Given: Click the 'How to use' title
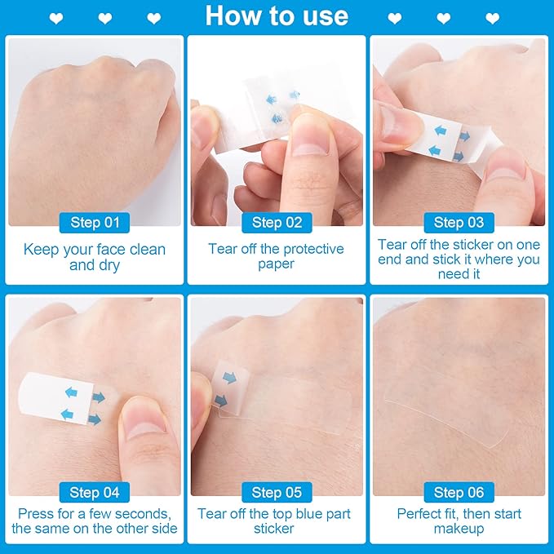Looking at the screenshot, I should coord(277,16).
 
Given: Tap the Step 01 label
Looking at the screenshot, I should coord(95,223).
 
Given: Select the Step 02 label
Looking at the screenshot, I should coord(277,223).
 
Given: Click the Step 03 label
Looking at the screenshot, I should coord(459,223).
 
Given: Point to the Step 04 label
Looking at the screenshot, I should coord(95,492).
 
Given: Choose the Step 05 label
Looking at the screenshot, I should coord(277,492).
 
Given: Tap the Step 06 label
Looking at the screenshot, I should coord(459,492).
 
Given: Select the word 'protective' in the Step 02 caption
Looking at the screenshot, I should coord(312,249).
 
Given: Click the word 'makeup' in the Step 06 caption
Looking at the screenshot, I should coord(459,529).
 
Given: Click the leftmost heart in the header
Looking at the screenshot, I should coord(56,17).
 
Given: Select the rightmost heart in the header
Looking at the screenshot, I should coord(492,17).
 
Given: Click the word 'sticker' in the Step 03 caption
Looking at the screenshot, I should coord(459,244).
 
